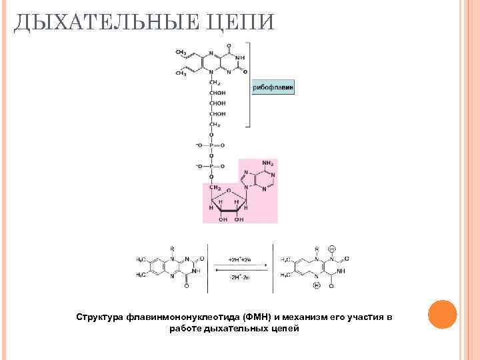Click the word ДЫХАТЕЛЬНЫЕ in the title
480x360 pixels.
tap(100, 22)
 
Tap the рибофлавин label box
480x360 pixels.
tap(273, 87)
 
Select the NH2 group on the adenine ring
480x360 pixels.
tap(269, 163)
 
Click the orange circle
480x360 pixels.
tap(441, 313)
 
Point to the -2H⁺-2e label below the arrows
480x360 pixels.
tap(240, 275)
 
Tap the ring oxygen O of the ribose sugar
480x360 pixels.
tap(228, 189)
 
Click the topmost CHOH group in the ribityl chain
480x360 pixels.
tap(217, 92)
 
